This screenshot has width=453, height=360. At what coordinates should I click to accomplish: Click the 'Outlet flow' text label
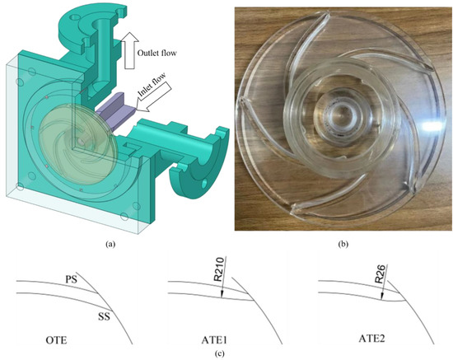click(x=156, y=54)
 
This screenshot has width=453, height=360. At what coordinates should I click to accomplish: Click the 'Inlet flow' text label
click(x=152, y=85)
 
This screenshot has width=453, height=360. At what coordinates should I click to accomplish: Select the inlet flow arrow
click(x=154, y=96)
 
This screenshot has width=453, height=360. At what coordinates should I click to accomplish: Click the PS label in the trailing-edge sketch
click(x=71, y=280)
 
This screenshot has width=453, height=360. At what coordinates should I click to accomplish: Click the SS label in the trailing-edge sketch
click(x=104, y=317)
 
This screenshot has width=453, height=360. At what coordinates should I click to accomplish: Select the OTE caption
click(x=56, y=340)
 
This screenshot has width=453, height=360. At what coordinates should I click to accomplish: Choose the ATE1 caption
click(x=214, y=340)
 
